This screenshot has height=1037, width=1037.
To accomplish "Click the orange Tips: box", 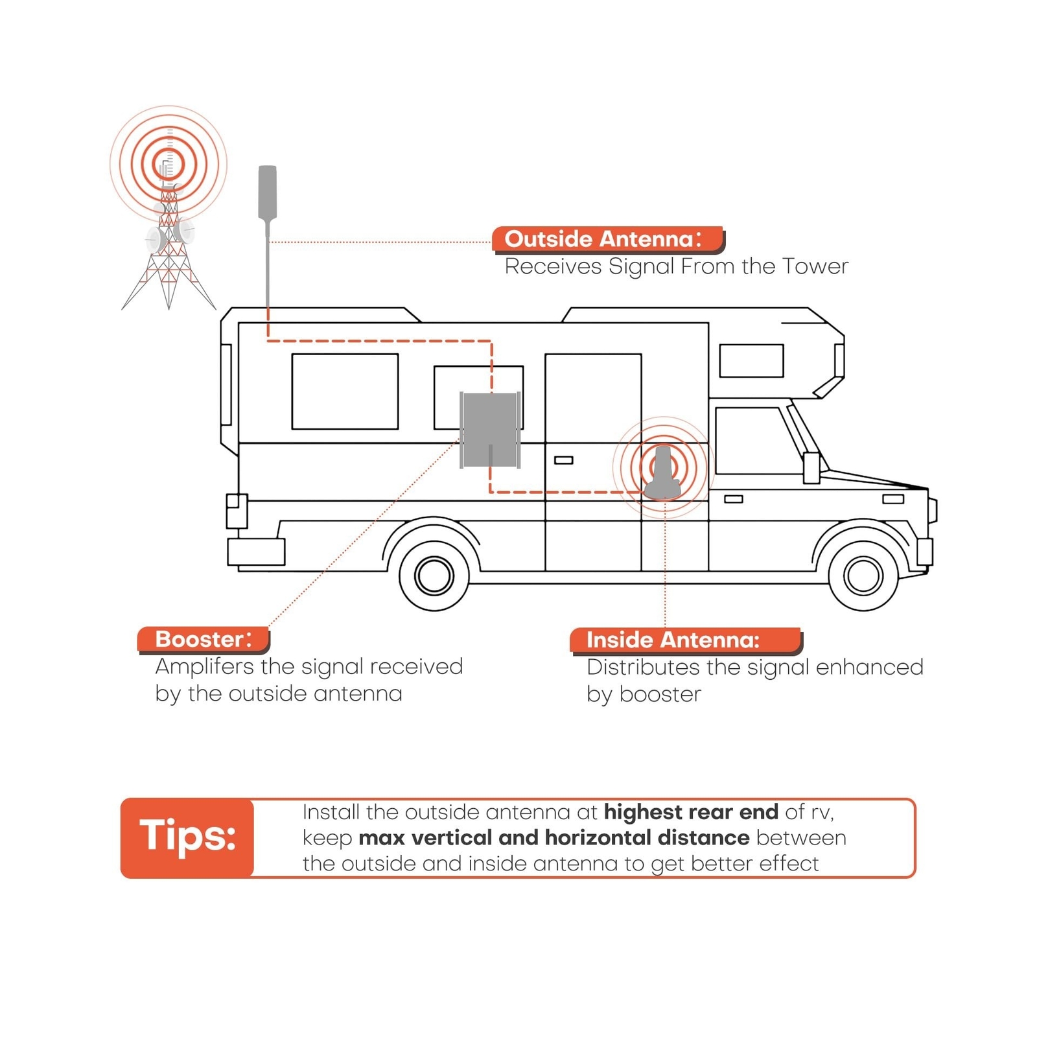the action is point(187,837).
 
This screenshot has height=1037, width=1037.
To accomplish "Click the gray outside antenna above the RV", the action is point(268,193).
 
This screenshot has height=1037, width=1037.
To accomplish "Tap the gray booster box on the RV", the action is point(490,430).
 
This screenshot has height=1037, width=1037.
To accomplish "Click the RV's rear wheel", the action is point(434,575).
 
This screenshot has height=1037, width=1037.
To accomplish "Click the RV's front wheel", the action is point(863,575).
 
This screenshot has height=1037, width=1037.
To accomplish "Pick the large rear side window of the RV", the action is point(345,391).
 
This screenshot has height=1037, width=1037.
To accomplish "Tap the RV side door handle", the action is point(563,460).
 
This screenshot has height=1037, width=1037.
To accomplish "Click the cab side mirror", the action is point(811,467).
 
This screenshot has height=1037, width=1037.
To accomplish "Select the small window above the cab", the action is point(751,360).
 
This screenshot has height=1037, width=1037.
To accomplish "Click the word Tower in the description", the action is point(815,266).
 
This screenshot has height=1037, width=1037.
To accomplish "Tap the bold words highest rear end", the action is point(691,812).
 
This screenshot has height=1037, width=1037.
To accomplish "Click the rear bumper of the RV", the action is point(256,552).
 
